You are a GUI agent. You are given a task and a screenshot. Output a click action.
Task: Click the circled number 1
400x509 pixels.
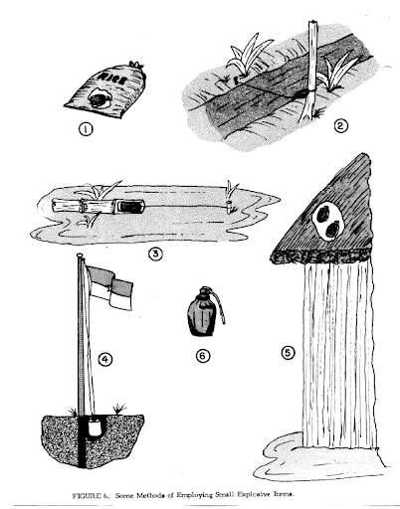click(86, 129)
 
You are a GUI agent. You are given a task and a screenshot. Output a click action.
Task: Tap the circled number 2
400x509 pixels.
click(340, 126)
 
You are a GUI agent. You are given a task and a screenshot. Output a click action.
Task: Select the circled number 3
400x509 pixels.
click(155, 254)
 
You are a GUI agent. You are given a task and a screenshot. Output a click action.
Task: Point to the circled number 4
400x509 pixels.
click(105, 359)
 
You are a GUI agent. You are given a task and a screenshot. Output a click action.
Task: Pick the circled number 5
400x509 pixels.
click(288, 353)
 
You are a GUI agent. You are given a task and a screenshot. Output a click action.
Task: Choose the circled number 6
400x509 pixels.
click(203, 356)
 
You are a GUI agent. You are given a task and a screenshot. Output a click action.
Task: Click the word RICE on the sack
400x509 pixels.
click(111, 79)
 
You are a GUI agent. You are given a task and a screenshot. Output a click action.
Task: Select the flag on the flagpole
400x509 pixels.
click(108, 286)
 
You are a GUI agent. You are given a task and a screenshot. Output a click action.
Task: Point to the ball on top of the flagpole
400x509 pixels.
click(80, 255)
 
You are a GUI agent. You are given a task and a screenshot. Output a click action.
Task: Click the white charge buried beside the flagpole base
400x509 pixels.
click(95, 427)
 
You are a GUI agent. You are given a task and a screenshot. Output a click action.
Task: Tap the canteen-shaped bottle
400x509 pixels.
click(201, 313)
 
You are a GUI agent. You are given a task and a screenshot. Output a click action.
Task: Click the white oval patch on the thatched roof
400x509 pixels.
click(327, 221)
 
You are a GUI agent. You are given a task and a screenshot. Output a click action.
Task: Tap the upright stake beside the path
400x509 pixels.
click(310, 71)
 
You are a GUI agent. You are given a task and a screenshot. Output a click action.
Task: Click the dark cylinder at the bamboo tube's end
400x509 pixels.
click(130, 207)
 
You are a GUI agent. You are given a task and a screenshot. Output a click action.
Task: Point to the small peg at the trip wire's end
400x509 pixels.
click(229, 207)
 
